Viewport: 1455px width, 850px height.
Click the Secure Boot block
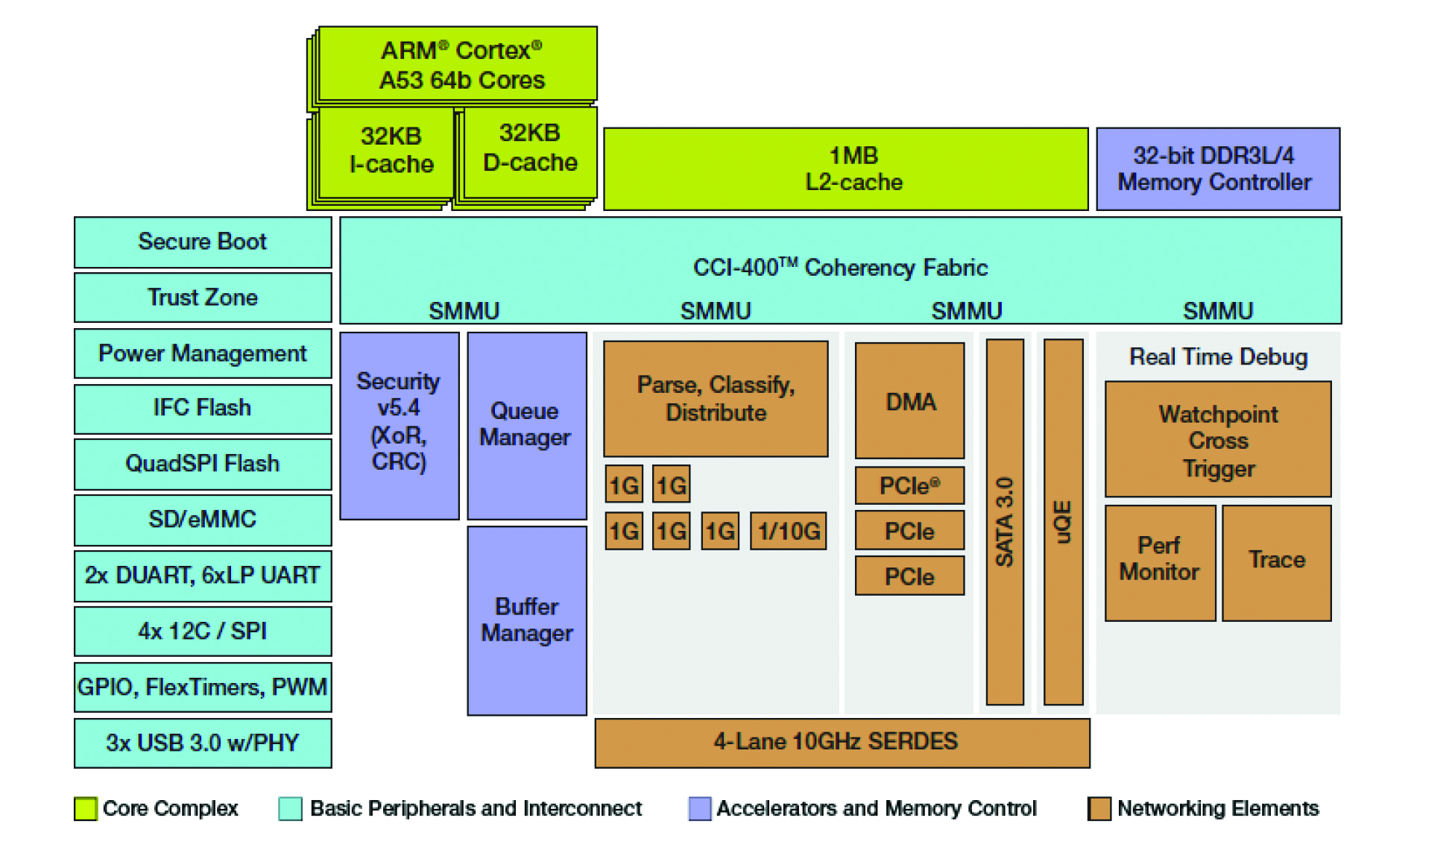203,242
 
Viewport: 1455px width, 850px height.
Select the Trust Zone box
203,297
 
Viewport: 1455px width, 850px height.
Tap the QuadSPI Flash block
203,464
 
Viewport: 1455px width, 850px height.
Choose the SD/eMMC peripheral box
203,520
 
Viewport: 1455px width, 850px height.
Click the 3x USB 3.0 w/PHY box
203,743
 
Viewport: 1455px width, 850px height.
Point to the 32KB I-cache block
391,151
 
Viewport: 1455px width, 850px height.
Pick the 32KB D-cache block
529,148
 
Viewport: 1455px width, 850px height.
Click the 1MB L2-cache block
845,169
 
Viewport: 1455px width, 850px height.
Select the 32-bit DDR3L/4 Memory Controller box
1217,169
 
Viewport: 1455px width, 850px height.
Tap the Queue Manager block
526,425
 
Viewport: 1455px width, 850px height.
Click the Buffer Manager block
526,620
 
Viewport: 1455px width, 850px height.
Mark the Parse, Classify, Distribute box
716,399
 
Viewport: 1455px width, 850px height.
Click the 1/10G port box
788,531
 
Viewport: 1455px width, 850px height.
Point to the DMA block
909,401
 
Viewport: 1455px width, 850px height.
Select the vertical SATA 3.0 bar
1005,522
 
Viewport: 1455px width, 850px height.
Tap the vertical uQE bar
1063,522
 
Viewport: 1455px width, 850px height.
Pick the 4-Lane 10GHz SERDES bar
842,743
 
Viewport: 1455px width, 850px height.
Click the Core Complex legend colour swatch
86,809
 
